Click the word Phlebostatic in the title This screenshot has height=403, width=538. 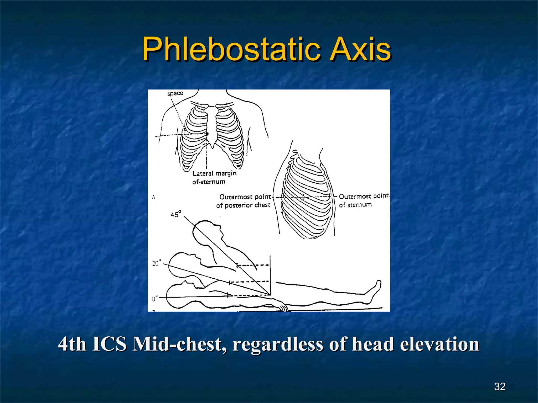231,49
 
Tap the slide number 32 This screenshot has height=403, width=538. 500,386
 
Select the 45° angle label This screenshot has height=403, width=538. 176,214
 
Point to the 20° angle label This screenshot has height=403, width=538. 157,263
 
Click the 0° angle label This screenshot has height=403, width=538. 155,298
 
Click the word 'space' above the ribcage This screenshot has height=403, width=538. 175,93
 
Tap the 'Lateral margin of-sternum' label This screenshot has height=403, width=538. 214,177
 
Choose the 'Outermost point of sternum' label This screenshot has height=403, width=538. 363,200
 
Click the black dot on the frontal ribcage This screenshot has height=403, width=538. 207,134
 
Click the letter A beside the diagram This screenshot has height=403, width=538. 153,197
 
